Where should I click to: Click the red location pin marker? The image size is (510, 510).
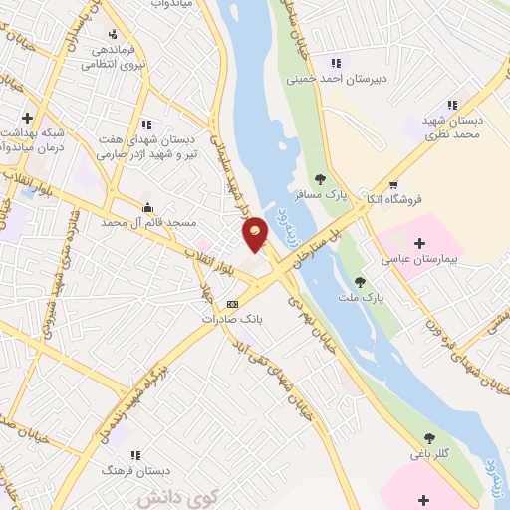click(256, 233)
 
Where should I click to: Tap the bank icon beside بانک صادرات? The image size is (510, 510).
click(232, 304)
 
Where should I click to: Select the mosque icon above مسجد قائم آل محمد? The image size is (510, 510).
click(148, 207)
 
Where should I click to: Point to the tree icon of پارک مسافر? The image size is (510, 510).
click(320, 179)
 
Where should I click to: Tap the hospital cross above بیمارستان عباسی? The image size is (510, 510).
click(419, 243)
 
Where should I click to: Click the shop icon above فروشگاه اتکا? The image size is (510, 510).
click(392, 184)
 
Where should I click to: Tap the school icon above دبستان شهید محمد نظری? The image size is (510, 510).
click(451, 104)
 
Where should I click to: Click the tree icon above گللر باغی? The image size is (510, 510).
click(429, 438)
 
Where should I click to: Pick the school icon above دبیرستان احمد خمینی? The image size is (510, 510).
click(349, 62)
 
